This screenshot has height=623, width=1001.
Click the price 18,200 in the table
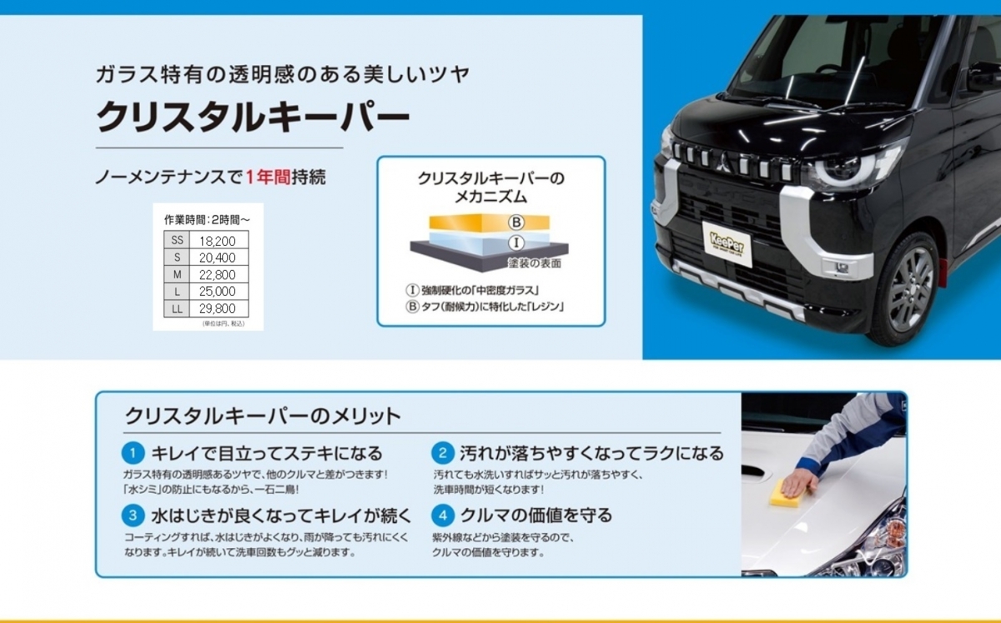click(x=217, y=241)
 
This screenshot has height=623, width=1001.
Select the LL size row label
click(x=177, y=309)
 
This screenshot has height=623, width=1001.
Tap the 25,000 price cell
click(x=217, y=291)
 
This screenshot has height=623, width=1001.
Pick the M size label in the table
click(x=177, y=274)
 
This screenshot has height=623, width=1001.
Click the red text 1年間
click(x=268, y=178)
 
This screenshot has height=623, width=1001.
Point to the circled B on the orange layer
click(x=516, y=222)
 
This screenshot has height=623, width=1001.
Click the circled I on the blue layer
click(x=516, y=243)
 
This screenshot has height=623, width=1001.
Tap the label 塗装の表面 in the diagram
click(x=535, y=264)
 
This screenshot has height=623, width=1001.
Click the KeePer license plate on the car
click(x=727, y=244)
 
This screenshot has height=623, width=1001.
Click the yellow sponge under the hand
click(x=790, y=493)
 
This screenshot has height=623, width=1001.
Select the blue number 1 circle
click(x=133, y=453)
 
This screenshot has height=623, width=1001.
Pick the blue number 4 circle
click(x=443, y=515)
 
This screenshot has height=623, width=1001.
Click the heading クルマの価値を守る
click(x=536, y=515)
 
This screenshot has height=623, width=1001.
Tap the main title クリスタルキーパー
click(x=253, y=117)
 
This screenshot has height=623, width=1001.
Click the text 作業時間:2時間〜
click(x=208, y=220)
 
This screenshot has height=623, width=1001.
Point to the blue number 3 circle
click(x=133, y=515)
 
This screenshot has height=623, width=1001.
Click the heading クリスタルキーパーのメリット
click(x=263, y=416)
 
